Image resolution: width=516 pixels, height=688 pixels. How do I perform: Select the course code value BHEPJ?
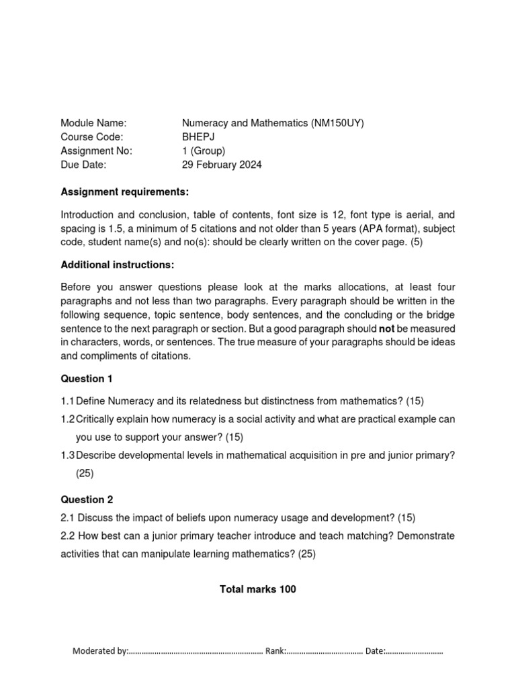[x=198, y=137]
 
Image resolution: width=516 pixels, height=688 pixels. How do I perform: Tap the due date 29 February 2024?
[x=222, y=165]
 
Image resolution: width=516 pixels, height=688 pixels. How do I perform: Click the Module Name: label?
[x=93, y=123]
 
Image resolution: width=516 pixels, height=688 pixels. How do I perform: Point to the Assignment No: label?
[x=96, y=150]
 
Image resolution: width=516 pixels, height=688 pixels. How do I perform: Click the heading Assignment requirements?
[x=124, y=191]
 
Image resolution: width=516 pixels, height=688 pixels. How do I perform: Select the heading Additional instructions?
[x=118, y=265]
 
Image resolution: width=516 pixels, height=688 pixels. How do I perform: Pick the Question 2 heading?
[x=87, y=499]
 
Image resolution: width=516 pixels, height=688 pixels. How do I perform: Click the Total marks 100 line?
[x=258, y=589]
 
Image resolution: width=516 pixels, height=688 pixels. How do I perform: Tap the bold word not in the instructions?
[x=387, y=329]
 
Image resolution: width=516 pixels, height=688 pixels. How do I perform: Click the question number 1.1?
[x=67, y=401]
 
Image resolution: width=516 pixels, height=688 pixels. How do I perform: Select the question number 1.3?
[x=67, y=455]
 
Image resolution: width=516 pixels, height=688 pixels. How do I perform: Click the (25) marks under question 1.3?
[x=85, y=473]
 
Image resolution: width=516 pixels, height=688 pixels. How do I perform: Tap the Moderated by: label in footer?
[x=99, y=651]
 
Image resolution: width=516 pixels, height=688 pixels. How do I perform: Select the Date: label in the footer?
[x=375, y=651]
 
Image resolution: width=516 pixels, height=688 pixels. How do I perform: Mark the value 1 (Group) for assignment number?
[x=204, y=150]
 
